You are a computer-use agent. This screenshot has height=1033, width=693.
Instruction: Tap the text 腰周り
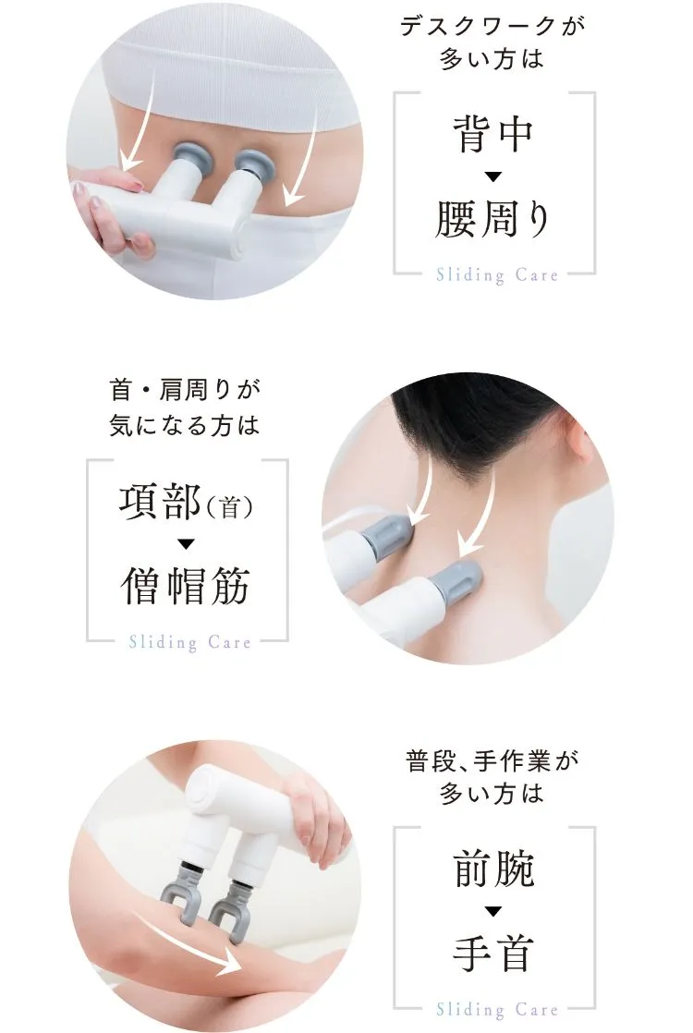[492, 218]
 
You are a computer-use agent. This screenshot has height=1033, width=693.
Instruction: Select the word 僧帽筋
[186, 586]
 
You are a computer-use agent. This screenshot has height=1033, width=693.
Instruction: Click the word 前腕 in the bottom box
[493, 869]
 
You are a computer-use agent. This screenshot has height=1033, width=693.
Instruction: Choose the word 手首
[492, 953]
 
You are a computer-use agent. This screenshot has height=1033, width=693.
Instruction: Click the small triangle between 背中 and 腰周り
[493, 176]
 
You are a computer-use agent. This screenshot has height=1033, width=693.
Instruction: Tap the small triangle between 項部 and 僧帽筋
[187, 544]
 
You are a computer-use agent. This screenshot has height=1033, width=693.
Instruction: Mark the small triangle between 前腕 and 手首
[493, 911]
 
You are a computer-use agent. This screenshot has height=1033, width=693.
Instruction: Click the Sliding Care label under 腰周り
[497, 274]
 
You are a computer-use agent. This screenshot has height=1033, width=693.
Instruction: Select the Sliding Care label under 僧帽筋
[189, 641]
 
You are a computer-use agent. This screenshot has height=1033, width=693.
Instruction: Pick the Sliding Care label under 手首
[497, 1009]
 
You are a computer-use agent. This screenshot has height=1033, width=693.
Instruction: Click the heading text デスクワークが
[492, 27]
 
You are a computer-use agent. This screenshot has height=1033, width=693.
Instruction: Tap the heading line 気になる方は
[185, 425]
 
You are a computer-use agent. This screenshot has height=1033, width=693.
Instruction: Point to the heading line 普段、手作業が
[492, 761]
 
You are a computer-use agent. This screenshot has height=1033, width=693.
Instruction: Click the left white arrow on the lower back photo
[140, 122]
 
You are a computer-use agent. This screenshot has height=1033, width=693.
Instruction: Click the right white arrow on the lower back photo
[304, 158]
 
